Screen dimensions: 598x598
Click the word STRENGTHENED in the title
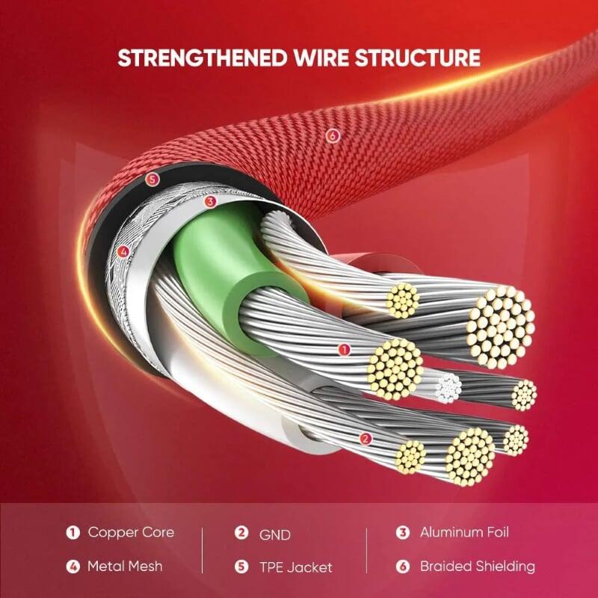202,58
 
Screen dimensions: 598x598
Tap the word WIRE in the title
321,58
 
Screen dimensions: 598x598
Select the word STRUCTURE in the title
417,58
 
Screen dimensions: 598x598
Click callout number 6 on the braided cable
333,135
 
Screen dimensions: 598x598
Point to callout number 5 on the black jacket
152,179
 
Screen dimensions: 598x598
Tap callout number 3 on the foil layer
210,202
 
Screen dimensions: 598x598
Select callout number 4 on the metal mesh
123,252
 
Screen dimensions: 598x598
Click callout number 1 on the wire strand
344,349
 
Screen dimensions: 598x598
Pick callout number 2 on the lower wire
366,439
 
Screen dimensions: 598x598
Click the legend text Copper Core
131,532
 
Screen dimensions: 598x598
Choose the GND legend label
274,534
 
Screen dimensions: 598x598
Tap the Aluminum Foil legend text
464,532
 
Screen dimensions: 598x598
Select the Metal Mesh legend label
125,567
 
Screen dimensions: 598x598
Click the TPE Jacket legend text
295,567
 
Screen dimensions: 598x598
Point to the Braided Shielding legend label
478,567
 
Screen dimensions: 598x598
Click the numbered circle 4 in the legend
73,567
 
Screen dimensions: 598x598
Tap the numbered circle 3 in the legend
402,532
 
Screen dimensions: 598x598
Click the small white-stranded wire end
448,388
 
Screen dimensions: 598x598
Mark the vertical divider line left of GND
202,551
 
